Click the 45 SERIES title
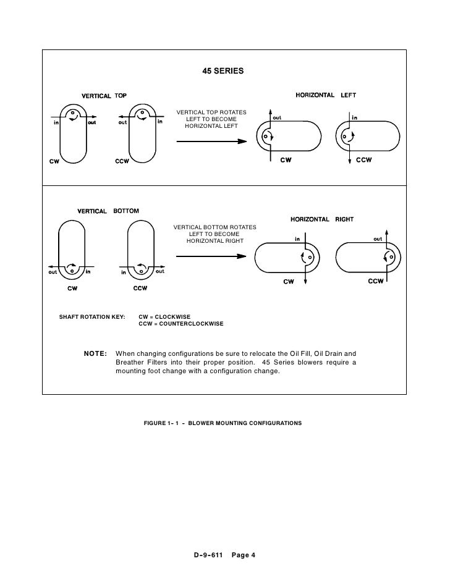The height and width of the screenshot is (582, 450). coord(223,71)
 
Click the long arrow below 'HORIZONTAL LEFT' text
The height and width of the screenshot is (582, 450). coord(212,141)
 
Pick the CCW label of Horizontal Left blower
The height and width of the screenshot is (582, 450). coord(363,161)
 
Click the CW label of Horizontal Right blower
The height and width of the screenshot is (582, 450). coord(288,282)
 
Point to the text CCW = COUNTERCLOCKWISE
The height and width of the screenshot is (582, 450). coord(180,324)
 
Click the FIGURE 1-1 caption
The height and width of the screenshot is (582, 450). coord(222,424)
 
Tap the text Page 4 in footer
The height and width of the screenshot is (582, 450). coord(243,554)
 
